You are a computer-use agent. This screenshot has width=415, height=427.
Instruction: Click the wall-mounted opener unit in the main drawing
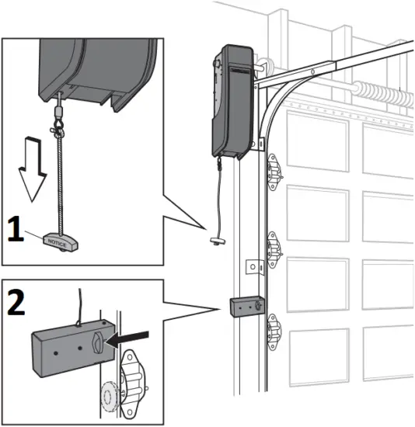[231, 101]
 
